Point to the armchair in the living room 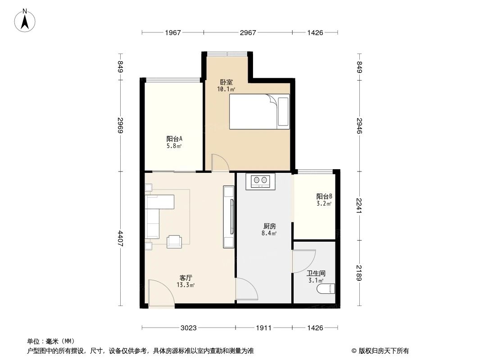(174, 242)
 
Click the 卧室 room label (226, 83)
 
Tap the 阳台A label (174, 139)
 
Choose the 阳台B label (324, 197)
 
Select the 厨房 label (269, 226)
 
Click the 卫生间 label (316, 273)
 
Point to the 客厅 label (186, 278)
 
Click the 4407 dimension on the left (121, 238)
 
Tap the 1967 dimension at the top (172, 33)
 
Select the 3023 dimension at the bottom (189, 328)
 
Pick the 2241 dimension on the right (359, 206)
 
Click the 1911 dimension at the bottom (263, 328)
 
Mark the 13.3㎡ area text (186, 285)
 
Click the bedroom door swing (220, 162)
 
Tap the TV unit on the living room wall (229, 217)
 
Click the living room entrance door (161, 293)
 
